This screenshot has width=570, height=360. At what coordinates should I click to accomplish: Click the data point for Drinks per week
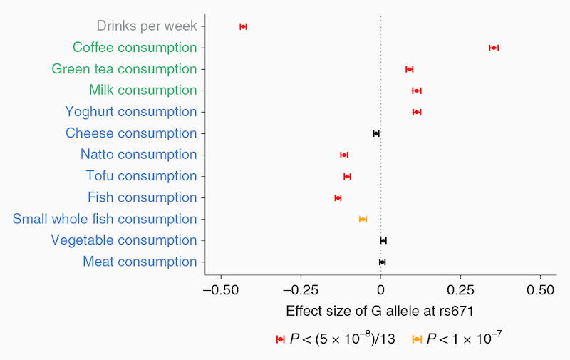[243, 26]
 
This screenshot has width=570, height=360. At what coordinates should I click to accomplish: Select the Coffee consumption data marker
[494, 48]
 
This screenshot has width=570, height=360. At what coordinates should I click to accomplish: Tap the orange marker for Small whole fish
[363, 219]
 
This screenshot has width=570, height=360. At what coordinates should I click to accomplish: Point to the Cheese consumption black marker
[376, 133]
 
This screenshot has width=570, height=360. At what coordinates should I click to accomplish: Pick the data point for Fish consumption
[338, 197]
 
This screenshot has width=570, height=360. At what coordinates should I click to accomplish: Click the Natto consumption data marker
[344, 155]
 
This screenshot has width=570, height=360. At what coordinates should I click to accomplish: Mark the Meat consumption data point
[382, 262]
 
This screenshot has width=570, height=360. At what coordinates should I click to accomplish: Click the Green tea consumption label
[124, 69]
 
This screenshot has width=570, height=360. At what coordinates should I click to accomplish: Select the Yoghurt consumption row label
[130, 112]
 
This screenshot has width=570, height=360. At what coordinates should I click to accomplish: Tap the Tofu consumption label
[141, 176]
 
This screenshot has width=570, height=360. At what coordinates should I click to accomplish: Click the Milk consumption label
[142, 91]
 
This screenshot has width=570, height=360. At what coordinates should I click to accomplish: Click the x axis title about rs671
[380, 312]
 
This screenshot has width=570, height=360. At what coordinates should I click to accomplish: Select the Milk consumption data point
[417, 91]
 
